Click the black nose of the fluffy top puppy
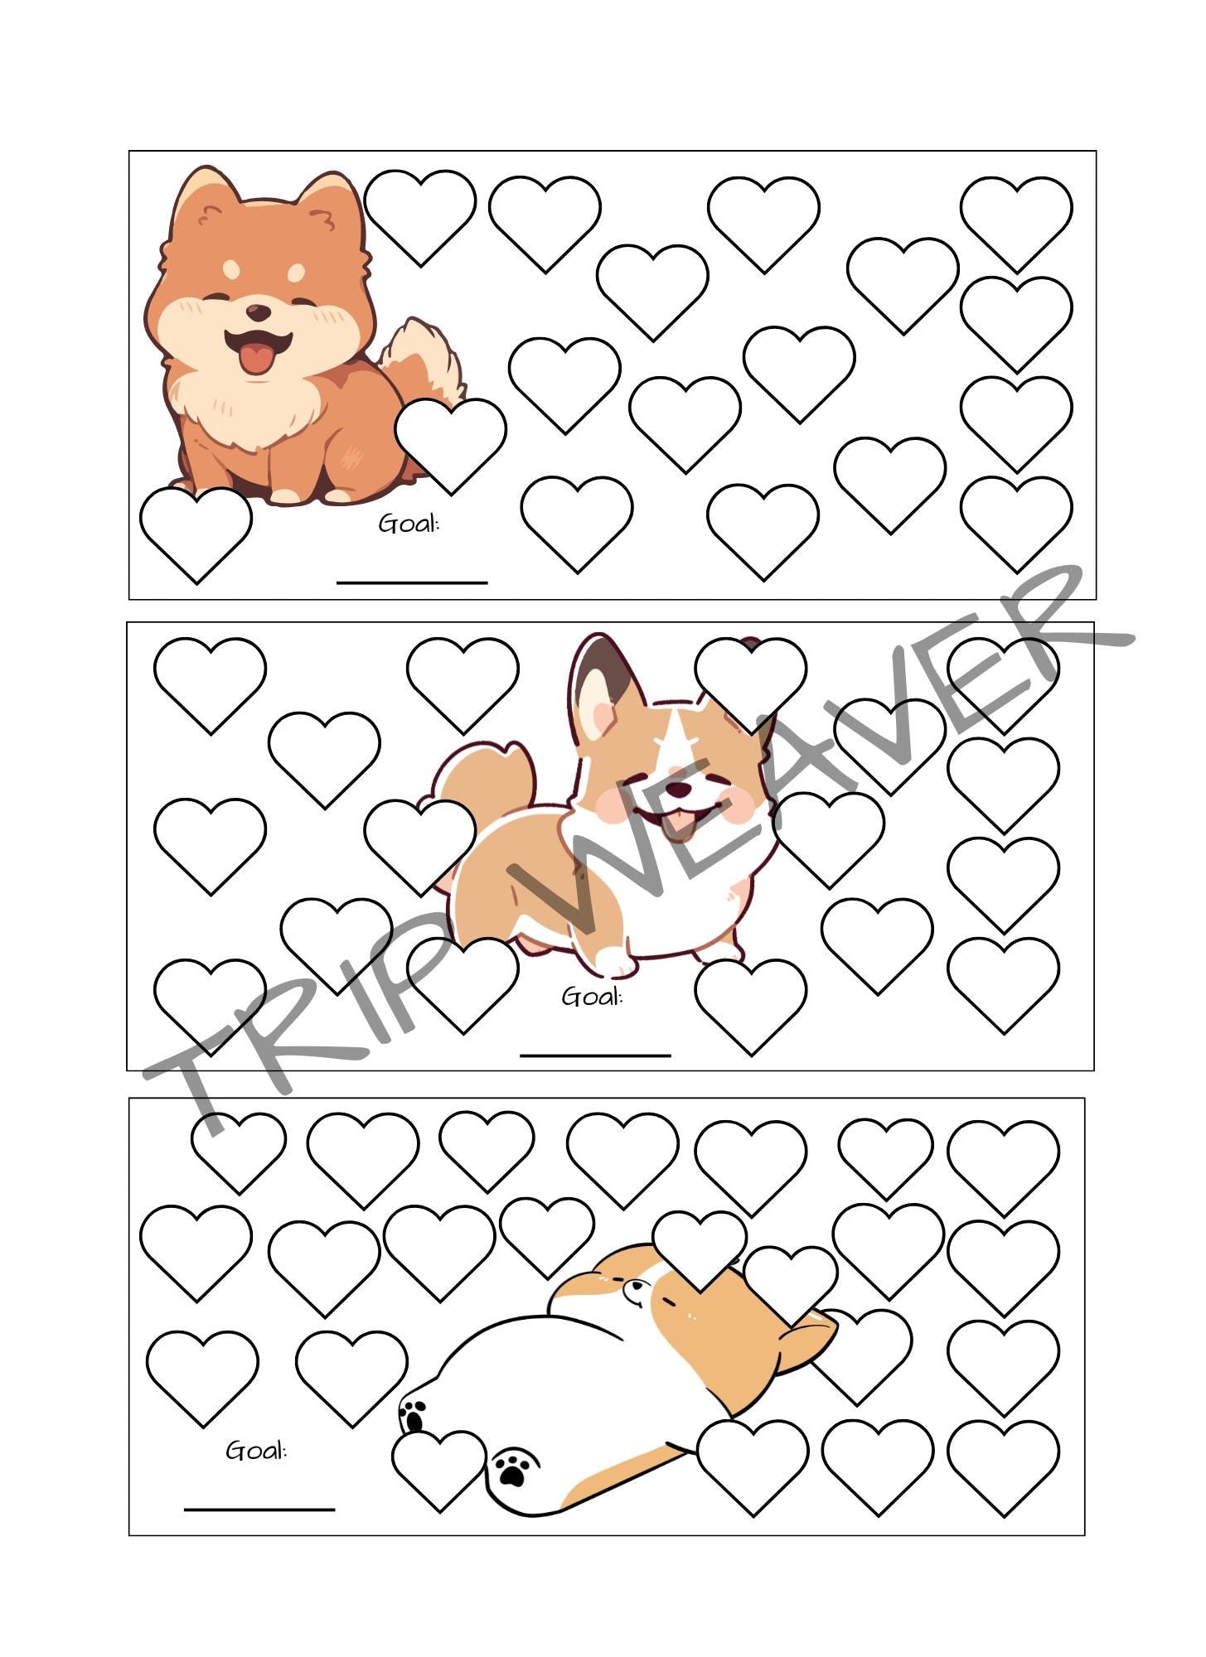click(259, 312)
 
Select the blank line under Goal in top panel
click(412, 582)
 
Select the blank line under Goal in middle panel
click(595, 1056)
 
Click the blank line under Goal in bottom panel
click(259, 1509)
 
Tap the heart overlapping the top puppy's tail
click(450, 441)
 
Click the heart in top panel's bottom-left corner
click(196, 530)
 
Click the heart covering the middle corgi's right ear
click(750, 679)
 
